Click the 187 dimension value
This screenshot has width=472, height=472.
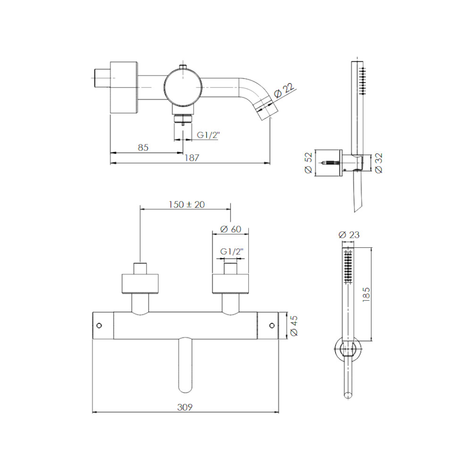click(x=192, y=158)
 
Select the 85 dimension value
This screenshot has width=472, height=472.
click(x=143, y=147)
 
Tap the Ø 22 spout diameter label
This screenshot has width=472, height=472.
click(x=284, y=90)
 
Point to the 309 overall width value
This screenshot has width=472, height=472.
click(x=185, y=407)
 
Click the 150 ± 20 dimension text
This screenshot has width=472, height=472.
click(x=186, y=205)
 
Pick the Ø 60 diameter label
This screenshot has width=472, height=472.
click(x=231, y=229)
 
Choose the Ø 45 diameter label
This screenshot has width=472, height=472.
click(x=294, y=326)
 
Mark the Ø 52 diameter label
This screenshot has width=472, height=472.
click(x=308, y=163)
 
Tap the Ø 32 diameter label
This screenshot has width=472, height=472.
click(x=379, y=163)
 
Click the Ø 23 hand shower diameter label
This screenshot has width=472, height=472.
click(x=349, y=235)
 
